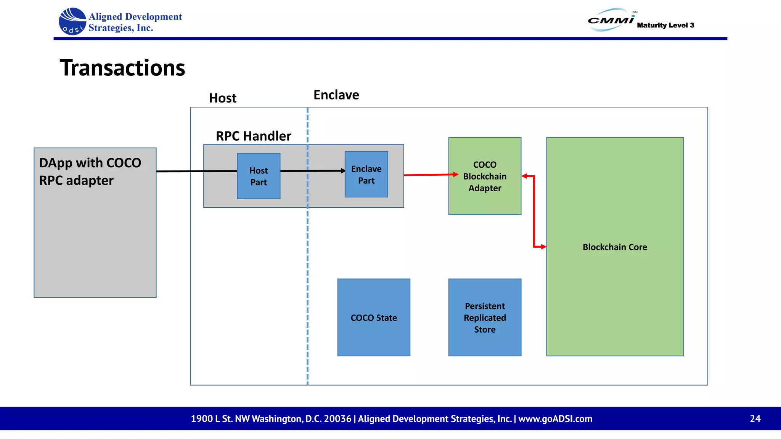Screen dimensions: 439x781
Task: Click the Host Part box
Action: [259, 176]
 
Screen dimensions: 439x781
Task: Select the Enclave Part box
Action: [366, 175]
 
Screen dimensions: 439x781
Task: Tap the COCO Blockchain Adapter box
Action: [485, 176]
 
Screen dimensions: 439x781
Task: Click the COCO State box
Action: [374, 317]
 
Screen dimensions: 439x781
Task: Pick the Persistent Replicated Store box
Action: [485, 317]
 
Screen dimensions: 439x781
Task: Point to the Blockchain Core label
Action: [615, 247]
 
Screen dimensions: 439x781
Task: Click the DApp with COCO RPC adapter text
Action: [90, 171]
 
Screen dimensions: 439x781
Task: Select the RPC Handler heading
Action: [253, 136]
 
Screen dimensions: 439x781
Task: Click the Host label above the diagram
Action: [223, 98]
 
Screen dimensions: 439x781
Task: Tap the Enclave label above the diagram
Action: [336, 95]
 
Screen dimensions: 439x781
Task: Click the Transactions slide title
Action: [122, 68]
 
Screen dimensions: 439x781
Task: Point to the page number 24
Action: [755, 418]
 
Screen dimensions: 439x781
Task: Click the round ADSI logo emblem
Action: [72, 22]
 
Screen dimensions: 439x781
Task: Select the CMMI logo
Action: [611, 20]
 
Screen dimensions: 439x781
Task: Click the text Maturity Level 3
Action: [665, 25]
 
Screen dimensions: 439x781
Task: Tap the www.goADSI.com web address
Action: [555, 418]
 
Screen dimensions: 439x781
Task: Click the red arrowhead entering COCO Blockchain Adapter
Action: [455, 175]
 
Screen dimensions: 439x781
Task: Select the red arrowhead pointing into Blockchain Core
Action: [543, 247]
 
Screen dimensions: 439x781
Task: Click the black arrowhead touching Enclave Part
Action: [343, 171]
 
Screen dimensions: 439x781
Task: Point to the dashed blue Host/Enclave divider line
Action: [307, 267]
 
